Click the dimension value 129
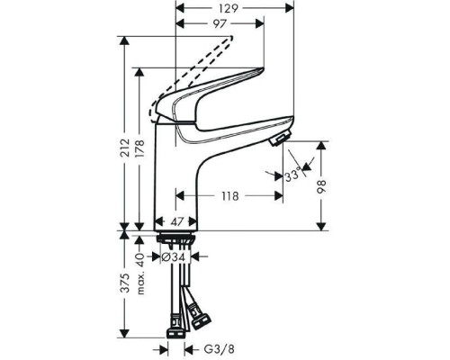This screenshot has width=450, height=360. [230, 7]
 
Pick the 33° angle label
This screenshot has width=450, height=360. [292, 177]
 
